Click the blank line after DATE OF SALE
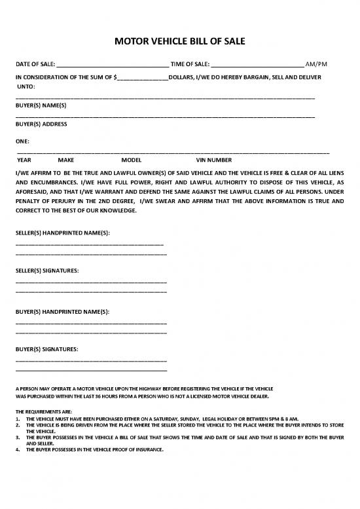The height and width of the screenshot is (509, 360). point(113,66)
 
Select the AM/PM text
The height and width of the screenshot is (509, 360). point(316,64)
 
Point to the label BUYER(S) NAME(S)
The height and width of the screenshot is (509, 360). point(41,105)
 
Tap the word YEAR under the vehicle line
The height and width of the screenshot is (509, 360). point(24,159)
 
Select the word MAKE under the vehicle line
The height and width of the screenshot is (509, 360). point(66,159)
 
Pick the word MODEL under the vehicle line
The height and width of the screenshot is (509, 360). point(132,159)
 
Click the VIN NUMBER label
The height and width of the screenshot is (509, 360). point(213,159)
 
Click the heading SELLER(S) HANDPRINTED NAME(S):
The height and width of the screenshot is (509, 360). point(62,233)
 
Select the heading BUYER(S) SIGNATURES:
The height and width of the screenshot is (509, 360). point(47,349)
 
